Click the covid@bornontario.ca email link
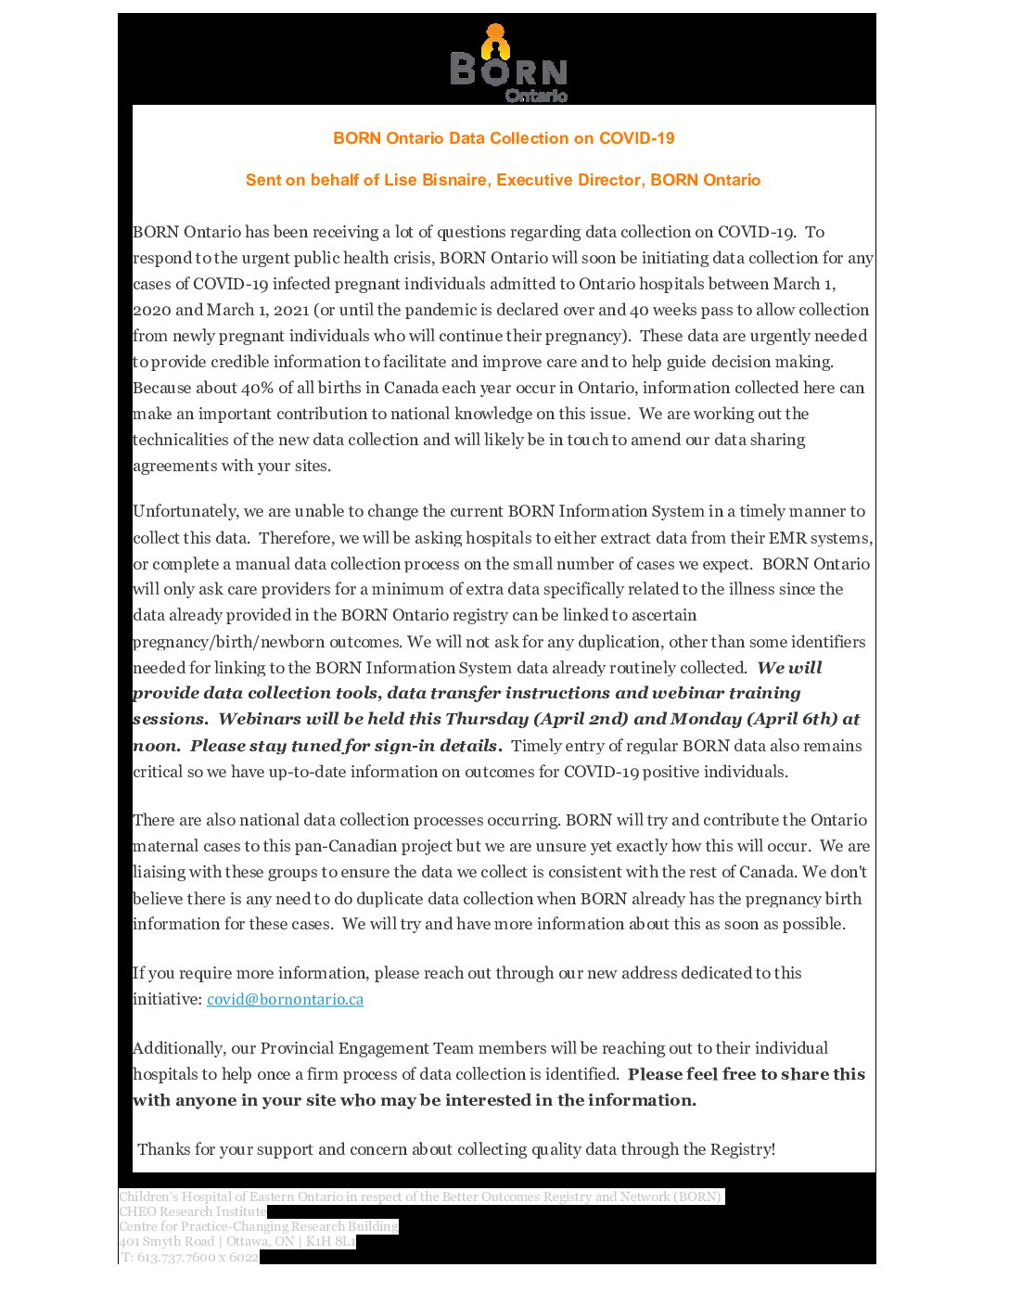[285, 999]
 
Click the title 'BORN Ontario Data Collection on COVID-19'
[504, 138]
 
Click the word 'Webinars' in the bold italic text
[257, 719]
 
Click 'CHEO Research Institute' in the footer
[193, 1211]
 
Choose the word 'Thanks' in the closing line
[163, 1149]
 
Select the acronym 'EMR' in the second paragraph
[787, 538]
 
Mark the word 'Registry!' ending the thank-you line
[743, 1149]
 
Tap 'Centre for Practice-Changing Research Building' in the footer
[258, 1226]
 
